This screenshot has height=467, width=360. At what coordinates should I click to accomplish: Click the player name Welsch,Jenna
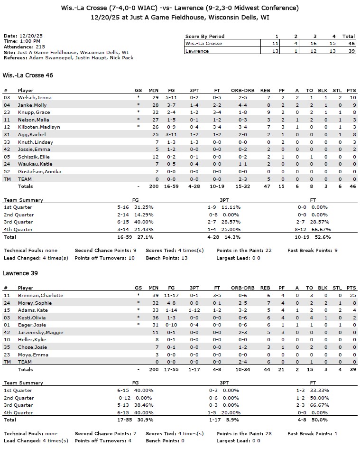tap(35, 97)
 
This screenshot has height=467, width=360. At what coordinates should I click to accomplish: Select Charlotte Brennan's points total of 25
tap(351, 295)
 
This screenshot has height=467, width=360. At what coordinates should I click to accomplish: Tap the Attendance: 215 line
tap(24, 47)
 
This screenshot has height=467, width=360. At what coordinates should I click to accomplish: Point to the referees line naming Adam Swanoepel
tap(68, 58)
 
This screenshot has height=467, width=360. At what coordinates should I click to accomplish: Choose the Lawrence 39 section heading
tap(20, 273)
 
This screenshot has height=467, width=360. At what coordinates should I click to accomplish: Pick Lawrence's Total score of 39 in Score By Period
tap(349, 51)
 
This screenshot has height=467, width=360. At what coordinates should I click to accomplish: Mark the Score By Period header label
tap(205, 36)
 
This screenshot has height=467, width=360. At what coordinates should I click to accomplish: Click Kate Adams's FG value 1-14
tap(171, 310)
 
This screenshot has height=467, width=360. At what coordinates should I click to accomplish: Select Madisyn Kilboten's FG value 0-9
tap(171, 127)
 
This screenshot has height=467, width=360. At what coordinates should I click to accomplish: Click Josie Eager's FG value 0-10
tap(171, 325)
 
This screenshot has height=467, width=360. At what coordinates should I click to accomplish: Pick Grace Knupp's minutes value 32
tap(154, 112)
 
